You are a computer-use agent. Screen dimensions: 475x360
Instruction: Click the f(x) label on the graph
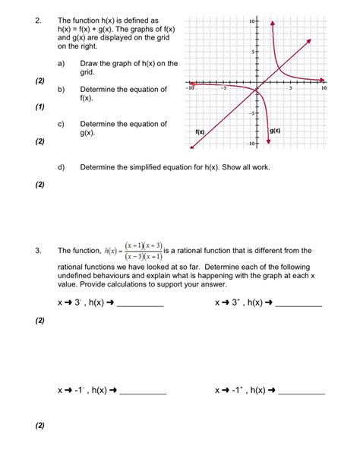pos(201,132)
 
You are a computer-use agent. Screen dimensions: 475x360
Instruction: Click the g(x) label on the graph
pos(274,131)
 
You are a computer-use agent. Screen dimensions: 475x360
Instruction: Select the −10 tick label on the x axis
pos(191,88)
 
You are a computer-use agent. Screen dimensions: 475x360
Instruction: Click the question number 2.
pos(37,21)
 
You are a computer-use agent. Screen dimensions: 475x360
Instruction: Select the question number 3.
pos(37,250)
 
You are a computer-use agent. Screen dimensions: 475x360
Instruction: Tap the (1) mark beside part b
pos(39,107)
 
